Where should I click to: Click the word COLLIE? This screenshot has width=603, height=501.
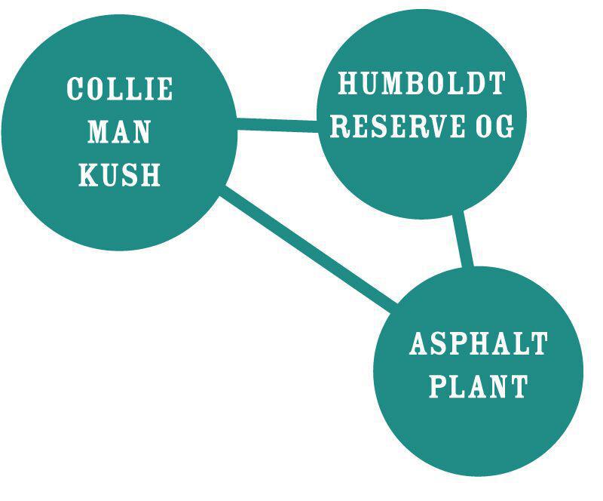(120, 89)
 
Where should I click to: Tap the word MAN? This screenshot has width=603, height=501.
(119, 133)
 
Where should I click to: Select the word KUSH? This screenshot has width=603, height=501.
(119, 176)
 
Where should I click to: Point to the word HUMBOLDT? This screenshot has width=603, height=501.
(421, 83)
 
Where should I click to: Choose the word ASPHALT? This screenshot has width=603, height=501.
(479, 344)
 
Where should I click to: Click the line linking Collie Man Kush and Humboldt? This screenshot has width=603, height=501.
(277, 124)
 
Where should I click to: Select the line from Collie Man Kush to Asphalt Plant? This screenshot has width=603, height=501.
(309, 249)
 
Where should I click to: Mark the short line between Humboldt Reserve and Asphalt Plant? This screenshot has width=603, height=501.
(464, 240)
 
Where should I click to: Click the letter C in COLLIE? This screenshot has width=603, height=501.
(75, 89)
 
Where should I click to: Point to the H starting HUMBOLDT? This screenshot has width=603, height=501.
(347, 83)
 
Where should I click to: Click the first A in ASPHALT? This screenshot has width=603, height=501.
(418, 344)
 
